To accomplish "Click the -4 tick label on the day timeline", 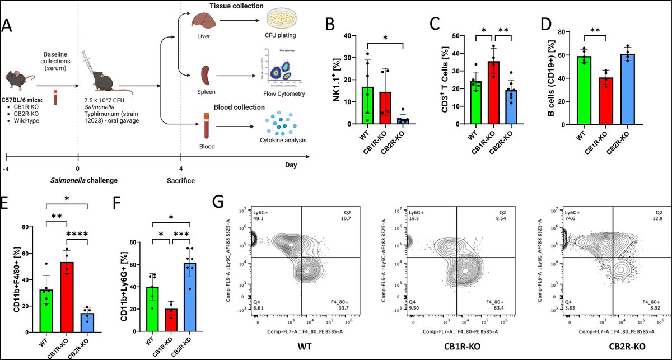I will pos(7,168).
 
